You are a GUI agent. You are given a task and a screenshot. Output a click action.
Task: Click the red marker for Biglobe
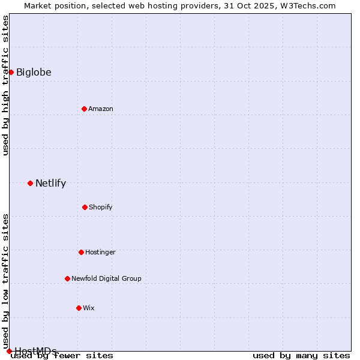pyautogui.click(x=11, y=72)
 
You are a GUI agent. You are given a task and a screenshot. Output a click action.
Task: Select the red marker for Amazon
pyautogui.click(x=84, y=109)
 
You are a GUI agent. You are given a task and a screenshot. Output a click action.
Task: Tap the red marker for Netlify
pyautogui.click(x=30, y=183)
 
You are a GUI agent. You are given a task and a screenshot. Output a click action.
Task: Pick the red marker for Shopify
pyautogui.click(x=85, y=207)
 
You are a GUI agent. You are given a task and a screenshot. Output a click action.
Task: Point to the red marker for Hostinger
pyautogui.click(x=81, y=252)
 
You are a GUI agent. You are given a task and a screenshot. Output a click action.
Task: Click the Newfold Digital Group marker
pyautogui.click(x=67, y=278)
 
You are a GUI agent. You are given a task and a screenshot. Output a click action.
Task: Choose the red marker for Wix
pyautogui.click(x=79, y=308)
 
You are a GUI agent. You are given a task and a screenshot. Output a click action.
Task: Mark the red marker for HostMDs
pyautogui.click(x=9, y=351)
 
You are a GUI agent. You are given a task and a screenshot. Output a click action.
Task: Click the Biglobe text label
pyautogui.click(x=34, y=73)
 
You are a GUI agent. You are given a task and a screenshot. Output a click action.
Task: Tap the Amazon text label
pyautogui.click(x=101, y=109)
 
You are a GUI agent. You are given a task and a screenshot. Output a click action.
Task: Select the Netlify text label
pyautogui.click(x=50, y=184)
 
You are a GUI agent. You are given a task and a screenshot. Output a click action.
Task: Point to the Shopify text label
pyautogui.click(x=101, y=207)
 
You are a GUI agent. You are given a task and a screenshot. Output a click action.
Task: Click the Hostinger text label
pyautogui.click(x=100, y=252)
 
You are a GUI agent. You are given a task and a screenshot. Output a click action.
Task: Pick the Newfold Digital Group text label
pyautogui.click(x=106, y=278)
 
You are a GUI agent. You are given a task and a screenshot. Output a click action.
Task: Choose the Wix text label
pyautogui.click(x=89, y=308)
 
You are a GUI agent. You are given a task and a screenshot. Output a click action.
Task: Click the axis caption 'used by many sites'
pyautogui.click(x=301, y=355)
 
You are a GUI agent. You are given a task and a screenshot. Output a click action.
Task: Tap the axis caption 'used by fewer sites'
pyautogui.click(x=62, y=355)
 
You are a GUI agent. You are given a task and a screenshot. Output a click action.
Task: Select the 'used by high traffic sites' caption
pyautogui.click(x=5, y=85)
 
